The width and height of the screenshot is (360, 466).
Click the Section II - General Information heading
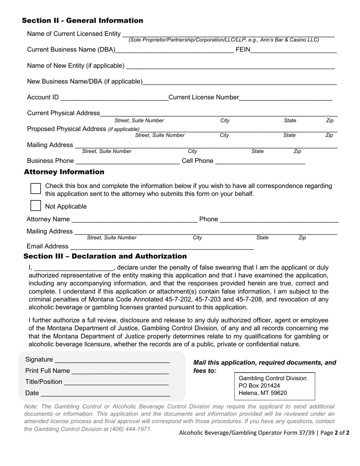(x=82, y=20)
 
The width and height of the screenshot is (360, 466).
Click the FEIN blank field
(x=293, y=49)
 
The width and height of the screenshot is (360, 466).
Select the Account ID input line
(x=114, y=97)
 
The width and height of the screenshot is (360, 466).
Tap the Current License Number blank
(x=286, y=97)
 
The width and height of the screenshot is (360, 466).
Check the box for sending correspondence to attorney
(x=36, y=188)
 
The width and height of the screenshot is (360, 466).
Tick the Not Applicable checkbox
(x=36, y=206)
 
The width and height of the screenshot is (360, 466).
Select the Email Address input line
(x=161, y=246)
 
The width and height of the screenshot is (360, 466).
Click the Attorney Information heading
(x=64, y=172)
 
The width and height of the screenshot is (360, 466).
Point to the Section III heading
(x=105, y=256)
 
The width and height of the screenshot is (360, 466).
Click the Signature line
(x=112, y=360)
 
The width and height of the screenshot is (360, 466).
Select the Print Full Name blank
(x=120, y=371)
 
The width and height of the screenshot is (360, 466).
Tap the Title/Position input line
(x=116, y=382)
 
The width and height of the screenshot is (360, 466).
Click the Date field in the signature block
(x=105, y=393)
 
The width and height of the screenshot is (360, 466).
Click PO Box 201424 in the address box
(x=259, y=386)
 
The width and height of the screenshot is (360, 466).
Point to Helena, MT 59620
(x=263, y=393)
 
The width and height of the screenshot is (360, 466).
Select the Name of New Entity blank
(x=230, y=66)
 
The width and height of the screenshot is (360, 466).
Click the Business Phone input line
(x=128, y=161)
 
